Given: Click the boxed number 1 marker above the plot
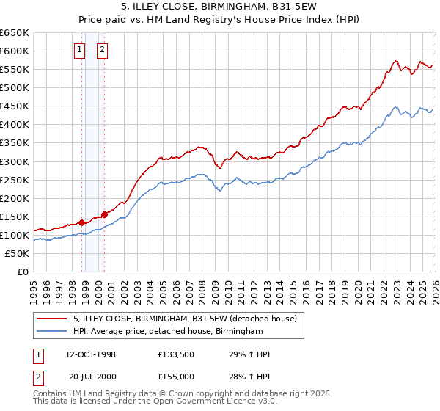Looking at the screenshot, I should pyautogui.click(x=79, y=50).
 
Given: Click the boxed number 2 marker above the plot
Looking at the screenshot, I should pyautogui.click(x=102, y=50).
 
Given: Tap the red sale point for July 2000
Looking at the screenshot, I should pyautogui.click(x=104, y=214).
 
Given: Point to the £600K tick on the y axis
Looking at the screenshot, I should pyautogui.click(x=14, y=51).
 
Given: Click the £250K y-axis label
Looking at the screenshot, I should pyautogui.click(x=14, y=180).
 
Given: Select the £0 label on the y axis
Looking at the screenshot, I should pyautogui.click(x=22, y=272).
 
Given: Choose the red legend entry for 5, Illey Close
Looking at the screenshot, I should pyautogui.click(x=184, y=319).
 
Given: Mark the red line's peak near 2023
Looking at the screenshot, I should pyautogui.click(x=395, y=61).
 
